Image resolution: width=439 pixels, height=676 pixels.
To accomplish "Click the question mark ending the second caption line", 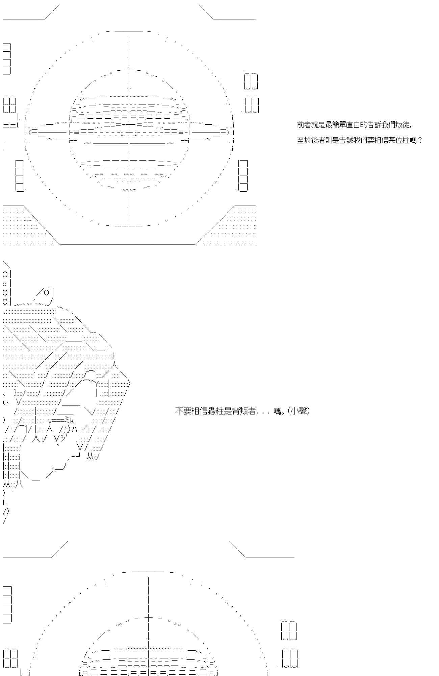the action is tap(420, 140).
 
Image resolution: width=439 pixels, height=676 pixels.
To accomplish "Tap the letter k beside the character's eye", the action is tap(72, 421).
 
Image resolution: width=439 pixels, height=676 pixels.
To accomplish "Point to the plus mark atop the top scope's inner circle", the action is tap(129, 70).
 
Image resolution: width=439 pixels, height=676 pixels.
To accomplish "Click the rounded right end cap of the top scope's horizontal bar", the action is tap(227, 132).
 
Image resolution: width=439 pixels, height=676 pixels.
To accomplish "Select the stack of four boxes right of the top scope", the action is tap(243, 176).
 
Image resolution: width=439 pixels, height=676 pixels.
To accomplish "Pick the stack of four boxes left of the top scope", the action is tap(20, 176).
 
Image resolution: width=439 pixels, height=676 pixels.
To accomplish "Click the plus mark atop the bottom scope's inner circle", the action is tap(148, 618).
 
